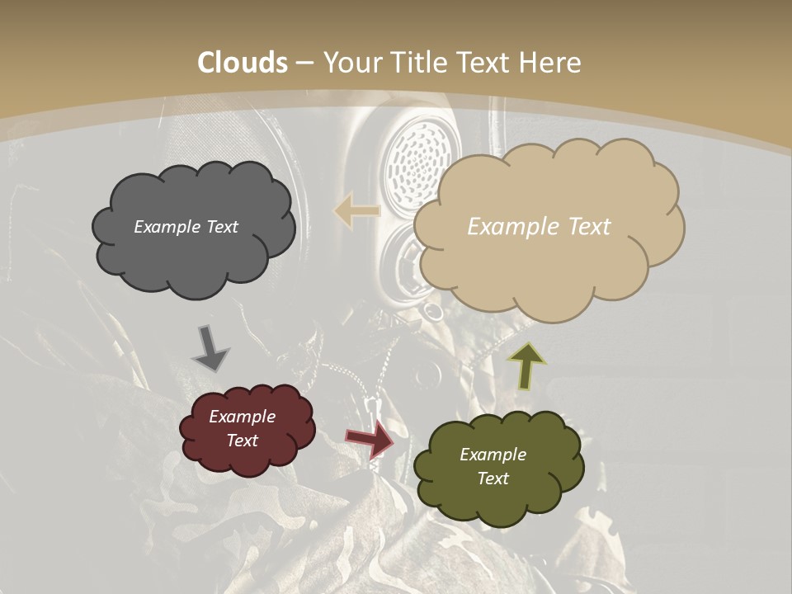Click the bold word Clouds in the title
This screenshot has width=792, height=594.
point(243,63)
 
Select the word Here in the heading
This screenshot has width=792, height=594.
point(551,63)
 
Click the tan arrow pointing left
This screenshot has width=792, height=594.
point(356,210)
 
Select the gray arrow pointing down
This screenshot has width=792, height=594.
point(210,347)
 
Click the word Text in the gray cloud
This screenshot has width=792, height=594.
point(223,226)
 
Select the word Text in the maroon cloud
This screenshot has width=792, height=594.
point(243,441)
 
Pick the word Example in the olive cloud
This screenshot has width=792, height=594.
point(493,455)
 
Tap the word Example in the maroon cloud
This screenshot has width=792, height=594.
point(243,417)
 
